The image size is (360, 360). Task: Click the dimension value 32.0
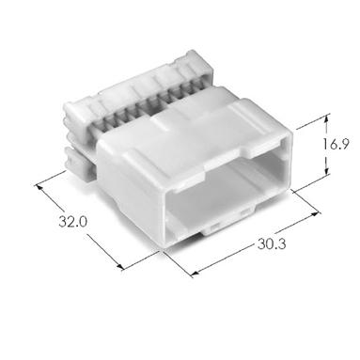click(x=72, y=222)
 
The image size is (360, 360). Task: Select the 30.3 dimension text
click(x=272, y=243)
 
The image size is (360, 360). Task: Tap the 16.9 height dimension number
click(x=336, y=145)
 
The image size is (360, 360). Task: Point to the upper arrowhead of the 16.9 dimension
click(x=327, y=118)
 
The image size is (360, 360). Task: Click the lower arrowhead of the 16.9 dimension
click(x=327, y=171)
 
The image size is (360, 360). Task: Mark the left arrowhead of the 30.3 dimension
click(x=195, y=274)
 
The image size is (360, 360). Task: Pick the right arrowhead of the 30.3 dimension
click(x=314, y=214)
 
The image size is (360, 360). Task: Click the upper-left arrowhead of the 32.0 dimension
click(x=39, y=187)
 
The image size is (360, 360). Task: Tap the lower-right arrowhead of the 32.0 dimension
click(x=120, y=266)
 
